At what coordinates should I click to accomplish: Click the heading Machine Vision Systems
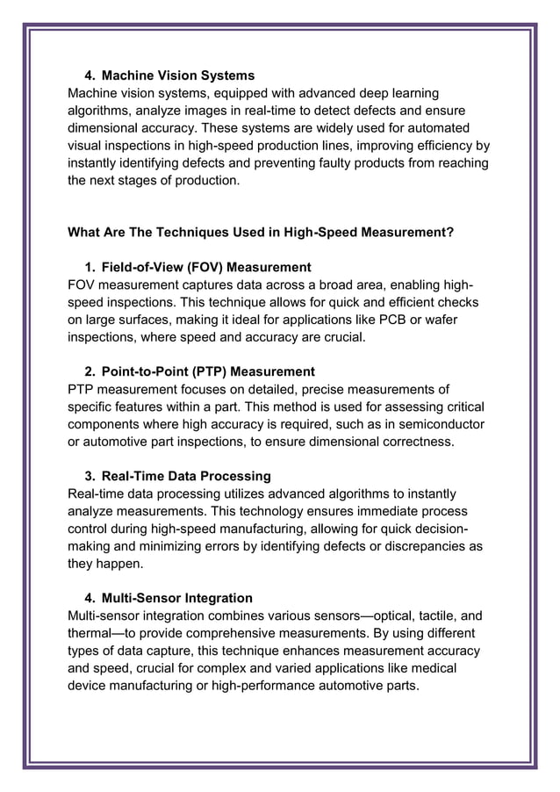(x=178, y=76)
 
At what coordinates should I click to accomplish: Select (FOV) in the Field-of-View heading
(x=207, y=267)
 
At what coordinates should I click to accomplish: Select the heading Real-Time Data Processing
(x=186, y=476)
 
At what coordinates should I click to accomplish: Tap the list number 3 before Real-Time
(x=89, y=476)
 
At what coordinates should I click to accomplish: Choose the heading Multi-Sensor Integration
(x=177, y=598)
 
